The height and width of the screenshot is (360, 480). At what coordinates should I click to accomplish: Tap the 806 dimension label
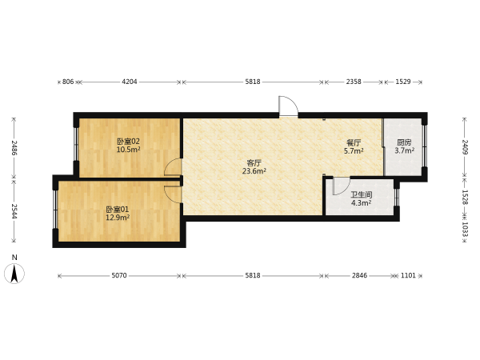tap(68, 82)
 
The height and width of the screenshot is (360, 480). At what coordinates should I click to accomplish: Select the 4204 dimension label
tap(130, 82)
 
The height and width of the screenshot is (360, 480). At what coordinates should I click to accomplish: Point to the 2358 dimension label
tap(354, 82)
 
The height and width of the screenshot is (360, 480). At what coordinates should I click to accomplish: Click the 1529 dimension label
tap(403, 82)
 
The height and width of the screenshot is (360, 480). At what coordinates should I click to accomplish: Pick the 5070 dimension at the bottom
tap(119, 275)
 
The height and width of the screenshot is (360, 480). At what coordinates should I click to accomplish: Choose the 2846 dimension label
tap(359, 275)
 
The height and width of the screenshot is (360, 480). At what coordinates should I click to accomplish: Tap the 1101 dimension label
tap(408, 275)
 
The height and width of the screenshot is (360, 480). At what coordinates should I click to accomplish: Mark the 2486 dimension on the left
tap(14, 147)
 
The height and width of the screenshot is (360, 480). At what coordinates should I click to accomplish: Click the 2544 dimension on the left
tap(14, 211)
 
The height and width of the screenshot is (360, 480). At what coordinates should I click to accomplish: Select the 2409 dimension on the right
tap(465, 147)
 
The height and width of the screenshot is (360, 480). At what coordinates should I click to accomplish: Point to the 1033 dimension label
tap(465, 229)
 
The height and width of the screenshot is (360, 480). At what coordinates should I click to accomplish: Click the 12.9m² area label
tap(118, 218)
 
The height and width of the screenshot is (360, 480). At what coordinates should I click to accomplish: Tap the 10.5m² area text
tap(129, 150)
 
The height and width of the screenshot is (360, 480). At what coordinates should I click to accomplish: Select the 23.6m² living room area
tap(254, 171)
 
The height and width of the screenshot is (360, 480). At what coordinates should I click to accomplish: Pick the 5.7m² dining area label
tap(354, 150)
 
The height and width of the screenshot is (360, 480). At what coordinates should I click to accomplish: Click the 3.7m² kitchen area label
tap(404, 150)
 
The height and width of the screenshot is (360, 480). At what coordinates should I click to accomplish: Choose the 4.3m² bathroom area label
tap(362, 203)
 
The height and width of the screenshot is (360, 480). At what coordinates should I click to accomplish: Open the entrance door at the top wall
tap(288, 106)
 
